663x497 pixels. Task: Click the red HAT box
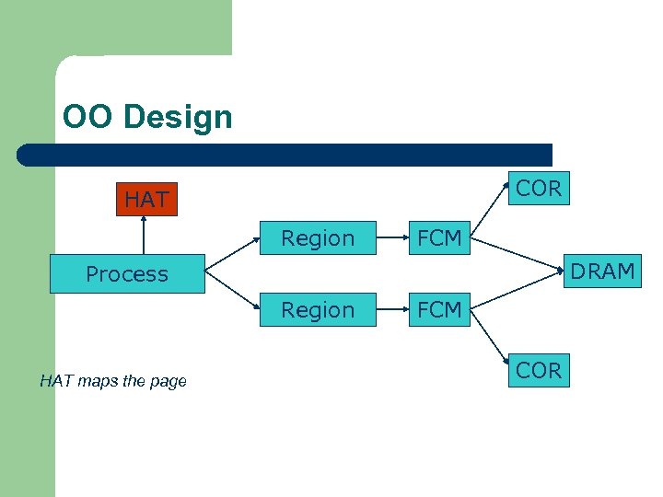point(146,198)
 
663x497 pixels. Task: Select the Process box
point(127,274)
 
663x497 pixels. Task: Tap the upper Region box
point(318,238)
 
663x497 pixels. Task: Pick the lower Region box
point(318,310)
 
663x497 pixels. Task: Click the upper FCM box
point(439,238)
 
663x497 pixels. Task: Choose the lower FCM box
point(439,310)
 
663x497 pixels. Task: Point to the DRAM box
point(602,272)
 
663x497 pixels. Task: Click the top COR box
point(539,189)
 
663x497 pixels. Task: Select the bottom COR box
point(539,370)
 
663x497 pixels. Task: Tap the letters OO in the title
point(87,117)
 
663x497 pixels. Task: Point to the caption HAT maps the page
point(113,381)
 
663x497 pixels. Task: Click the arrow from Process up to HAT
point(144,236)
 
